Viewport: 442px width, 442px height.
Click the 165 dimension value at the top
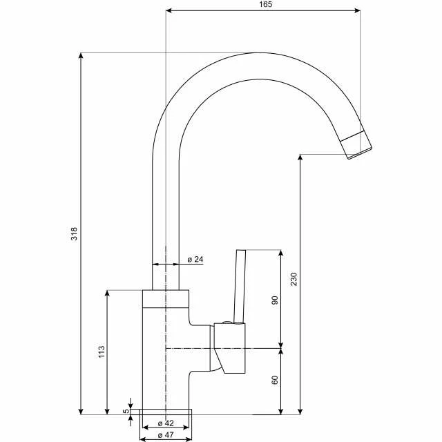[266, 4]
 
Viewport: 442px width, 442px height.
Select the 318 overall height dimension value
[75, 234]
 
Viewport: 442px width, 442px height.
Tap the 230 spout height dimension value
[294, 280]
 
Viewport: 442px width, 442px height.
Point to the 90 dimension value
[274, 300]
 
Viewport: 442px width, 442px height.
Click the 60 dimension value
[274, 381]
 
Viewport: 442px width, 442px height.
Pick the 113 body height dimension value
[101, 352]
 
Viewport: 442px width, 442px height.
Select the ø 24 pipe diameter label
[195, 259]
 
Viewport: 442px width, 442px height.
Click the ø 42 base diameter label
[164, 423]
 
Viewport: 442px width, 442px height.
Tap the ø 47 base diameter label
[164, 435]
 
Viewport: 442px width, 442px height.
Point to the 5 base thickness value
[126, 411]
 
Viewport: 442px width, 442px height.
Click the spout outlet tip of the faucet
[358, 146]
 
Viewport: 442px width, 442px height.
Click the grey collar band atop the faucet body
[165, 298]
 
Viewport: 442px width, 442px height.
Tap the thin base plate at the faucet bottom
[165, 412]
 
